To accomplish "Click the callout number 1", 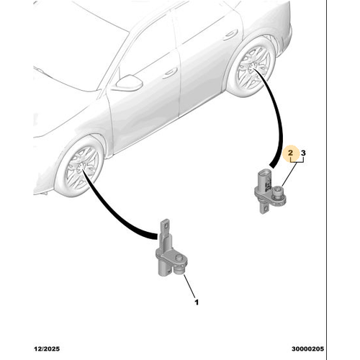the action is (x=197, y=302).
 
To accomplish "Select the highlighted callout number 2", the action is (x=291, y=153).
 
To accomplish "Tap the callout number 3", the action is (x=303, y=153).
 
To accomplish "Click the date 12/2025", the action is (x=47, y=348).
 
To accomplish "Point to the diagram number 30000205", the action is (x=307, y=348).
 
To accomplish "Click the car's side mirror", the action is (x=129, y=82).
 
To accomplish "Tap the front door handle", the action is (x=170, y=73).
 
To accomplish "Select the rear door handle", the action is (x=230, y=35).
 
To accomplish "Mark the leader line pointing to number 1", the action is (x=189, y=286).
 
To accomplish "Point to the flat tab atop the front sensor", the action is (x=165, y=227).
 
